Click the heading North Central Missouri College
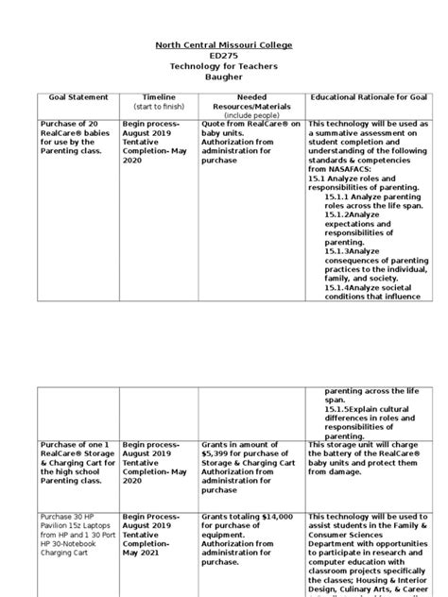pos(224,45)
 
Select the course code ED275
pos(224,56)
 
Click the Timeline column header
pos(159,97)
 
